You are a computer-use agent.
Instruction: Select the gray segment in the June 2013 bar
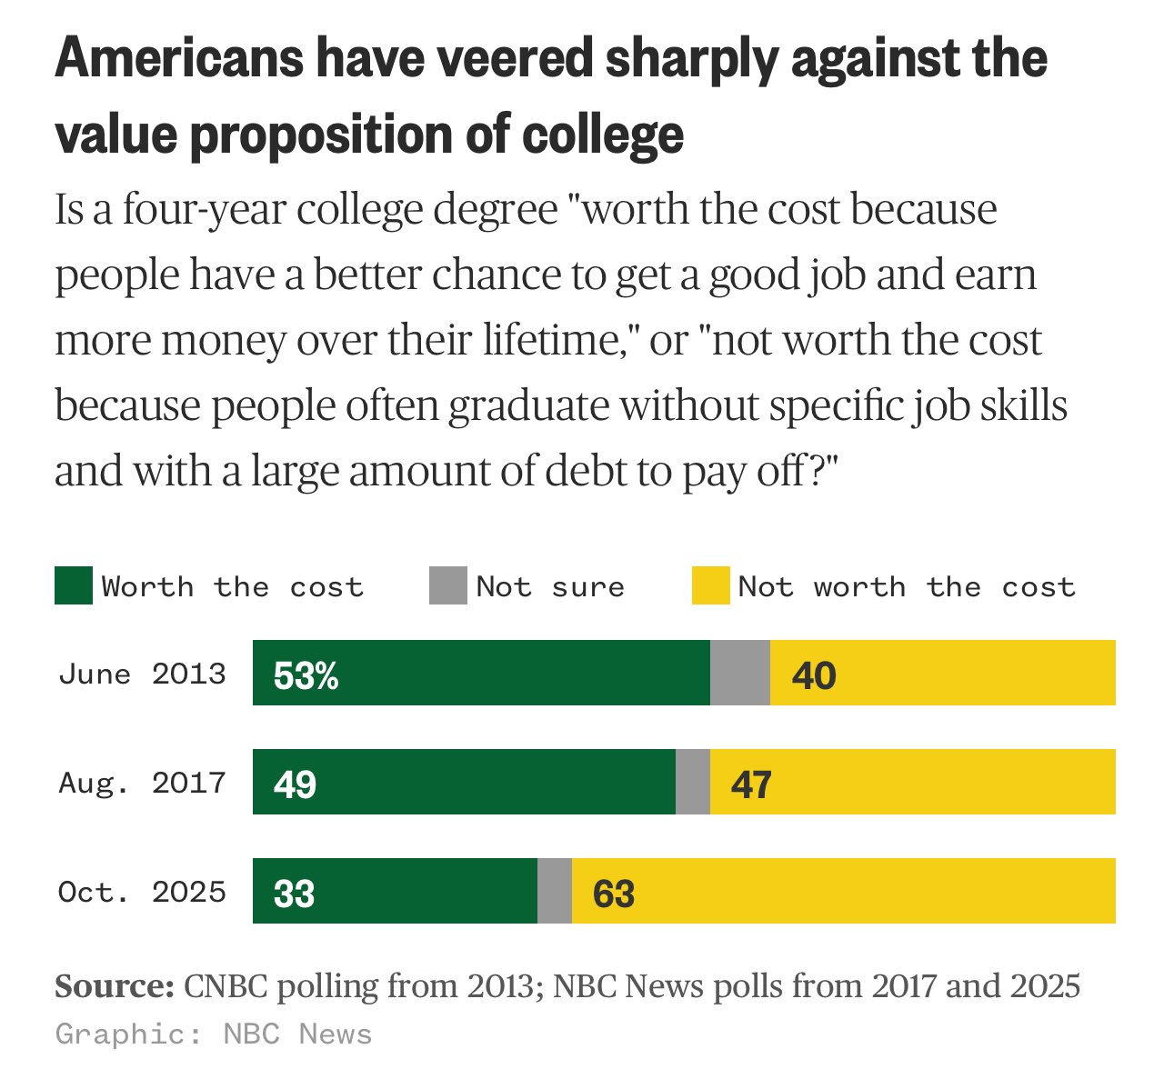pyautogui.click(x=739, y=673)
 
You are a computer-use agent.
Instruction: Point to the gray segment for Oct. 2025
pyautogui.click(x=555, y=891)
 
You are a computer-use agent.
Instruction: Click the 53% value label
pyautogui.click(x=306, y=675)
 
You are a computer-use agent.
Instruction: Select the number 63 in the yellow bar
pyautogui.click(x=614, y=894)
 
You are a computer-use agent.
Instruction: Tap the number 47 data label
pyautogui.click(x=751, y=784)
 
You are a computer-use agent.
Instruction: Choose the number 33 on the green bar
pyautogui.click(x=295, y=894)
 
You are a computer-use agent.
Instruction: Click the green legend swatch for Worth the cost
pyautogui.click(x=74, y=586)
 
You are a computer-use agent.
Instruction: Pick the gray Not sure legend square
pyautogui.click(x=447, y=586)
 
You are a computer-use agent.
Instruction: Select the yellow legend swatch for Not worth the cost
pyautogui.click(x=710, y=586)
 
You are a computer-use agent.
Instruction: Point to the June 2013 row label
pyautogui.click(x=142, y=674)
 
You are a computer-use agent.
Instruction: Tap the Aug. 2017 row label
pyautogui.click(x=142, y=783)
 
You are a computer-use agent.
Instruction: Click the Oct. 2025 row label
pyautogui.click(x=142, y=892)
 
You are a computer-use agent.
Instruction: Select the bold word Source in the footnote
pyautogui.click(x=115, y=986)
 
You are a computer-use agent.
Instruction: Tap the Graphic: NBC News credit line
pyautogui.click(x=214, y=1034)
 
